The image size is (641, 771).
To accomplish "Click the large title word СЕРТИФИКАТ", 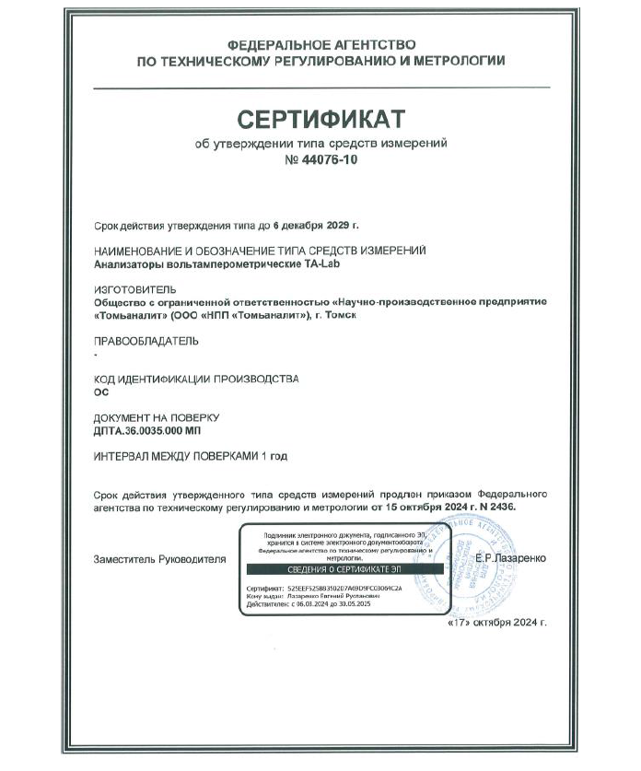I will point(320,119).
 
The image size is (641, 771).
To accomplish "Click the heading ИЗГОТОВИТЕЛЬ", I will point(135,289).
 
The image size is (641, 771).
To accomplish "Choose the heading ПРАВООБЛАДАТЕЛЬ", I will point(146,341).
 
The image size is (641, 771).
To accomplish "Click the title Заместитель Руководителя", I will point(159,559).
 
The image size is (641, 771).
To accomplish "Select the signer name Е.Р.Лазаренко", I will point(510,559).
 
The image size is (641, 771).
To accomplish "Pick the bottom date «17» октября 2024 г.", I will point(495,623).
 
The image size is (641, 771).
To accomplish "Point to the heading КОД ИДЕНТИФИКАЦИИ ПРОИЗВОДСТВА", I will point(197,379).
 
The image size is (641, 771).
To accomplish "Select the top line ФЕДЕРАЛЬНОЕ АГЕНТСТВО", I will point(320,43).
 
